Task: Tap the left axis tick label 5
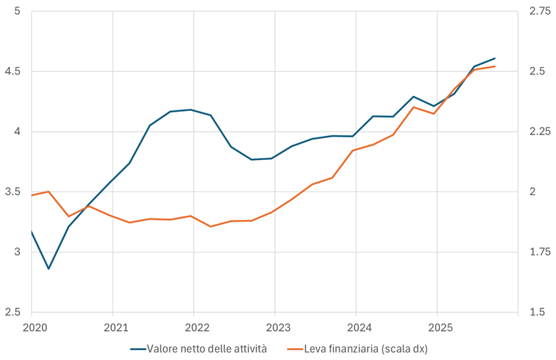16,12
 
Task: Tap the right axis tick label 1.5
535,312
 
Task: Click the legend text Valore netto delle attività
207,349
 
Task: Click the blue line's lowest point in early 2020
48,269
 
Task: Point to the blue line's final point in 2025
495,58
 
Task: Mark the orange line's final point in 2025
495,66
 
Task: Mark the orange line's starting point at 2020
32,195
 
